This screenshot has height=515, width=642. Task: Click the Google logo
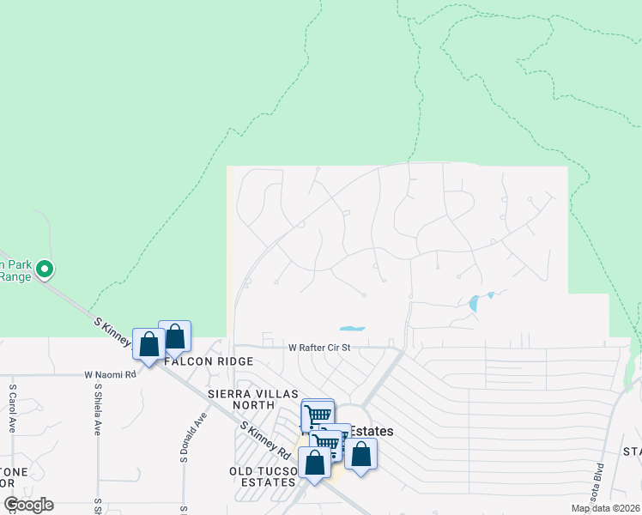[28, 505]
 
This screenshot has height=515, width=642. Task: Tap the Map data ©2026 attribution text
[606, 508]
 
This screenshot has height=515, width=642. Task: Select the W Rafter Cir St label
[319, 348]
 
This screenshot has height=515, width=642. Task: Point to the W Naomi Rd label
[110, 375]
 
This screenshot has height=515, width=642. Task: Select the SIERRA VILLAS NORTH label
[241, 399]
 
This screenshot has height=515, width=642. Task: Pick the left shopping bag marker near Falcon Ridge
[149, 344]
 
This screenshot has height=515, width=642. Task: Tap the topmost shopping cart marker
[318, 414]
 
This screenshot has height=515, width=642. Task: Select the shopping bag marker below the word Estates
[361, 455]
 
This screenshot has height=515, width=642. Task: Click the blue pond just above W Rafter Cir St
[352, 328]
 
